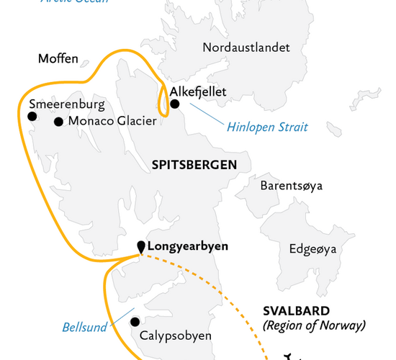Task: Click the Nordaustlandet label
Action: (x=246, y=48)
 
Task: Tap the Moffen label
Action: (x=58, y=58)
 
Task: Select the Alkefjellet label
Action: (x=198, y=91)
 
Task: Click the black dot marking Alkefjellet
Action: (x=175, y=104)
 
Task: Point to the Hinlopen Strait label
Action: (x=267, y=127)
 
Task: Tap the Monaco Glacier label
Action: (x=112, y=122)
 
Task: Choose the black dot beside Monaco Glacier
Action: (x=58, y=122)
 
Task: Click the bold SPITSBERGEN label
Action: (x=194, y=165)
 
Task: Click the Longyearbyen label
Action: (x=187, y=246)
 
